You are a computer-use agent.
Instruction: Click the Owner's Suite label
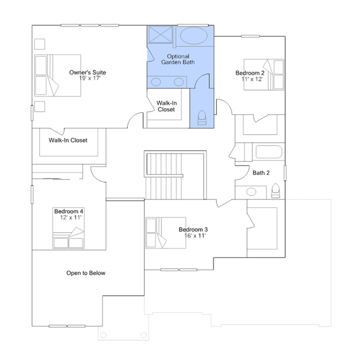[x=87, y=72]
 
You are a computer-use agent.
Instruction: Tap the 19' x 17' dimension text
[x=90, y=78]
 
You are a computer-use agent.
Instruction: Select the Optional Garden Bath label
[x=178, y=59]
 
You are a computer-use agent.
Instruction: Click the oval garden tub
[x=194, y=35]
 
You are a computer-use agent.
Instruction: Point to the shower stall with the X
[x=161, y=35]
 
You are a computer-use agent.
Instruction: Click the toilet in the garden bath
[x=202, y=118]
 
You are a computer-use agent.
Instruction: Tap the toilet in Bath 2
[x=275, y=191]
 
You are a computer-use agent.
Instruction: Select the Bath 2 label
[x=261, y=172]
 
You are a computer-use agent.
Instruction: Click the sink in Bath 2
[x=251, y=192]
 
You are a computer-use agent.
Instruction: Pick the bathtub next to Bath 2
[x=269, y=152]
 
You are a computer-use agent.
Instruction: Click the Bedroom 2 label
[x=250, y=73]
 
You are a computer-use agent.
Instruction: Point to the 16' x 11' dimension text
[x=195, y=235]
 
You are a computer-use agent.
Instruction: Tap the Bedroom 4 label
[x=69, y=211]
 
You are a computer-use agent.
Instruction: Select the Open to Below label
[x=86, y=273]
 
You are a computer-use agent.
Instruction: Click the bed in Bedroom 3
[x=166, y=233]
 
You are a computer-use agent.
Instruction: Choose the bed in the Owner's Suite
[x=57, y=75]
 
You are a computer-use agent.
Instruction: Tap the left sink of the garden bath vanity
[x=156, y=82]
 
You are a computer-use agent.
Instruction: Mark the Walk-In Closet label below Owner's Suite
[x=68, y=140]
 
